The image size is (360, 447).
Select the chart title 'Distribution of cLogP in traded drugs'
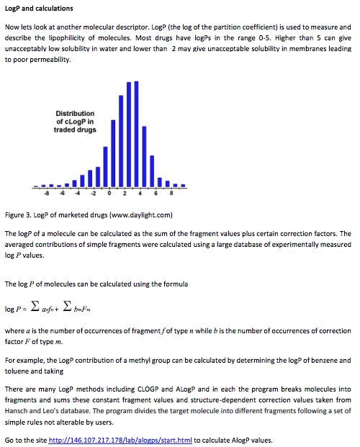(x=76, y=122)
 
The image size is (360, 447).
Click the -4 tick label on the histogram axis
(x=78, y=193)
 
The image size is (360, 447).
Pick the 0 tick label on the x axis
(x=109, y=193)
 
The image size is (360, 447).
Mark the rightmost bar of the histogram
(x=184, y=186)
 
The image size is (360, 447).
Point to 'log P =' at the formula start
(x=17, y=310)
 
